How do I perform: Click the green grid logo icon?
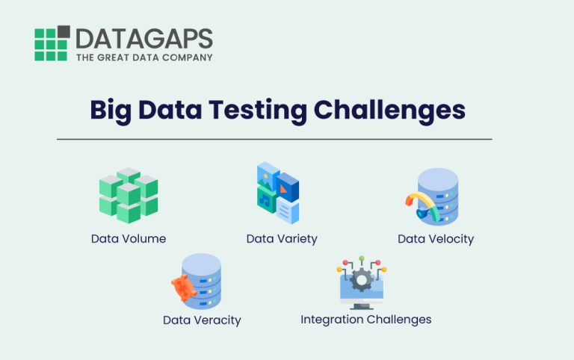pos(52,43)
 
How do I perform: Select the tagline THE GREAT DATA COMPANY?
pos(144,57)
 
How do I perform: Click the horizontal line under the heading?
pos(274,139)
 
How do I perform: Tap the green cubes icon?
pos(129,195)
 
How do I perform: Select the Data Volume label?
pos(129,239)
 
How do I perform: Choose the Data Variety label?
pos(282,239)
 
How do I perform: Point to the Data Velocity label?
pos(436,239)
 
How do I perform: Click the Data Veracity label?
pos(202,320)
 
